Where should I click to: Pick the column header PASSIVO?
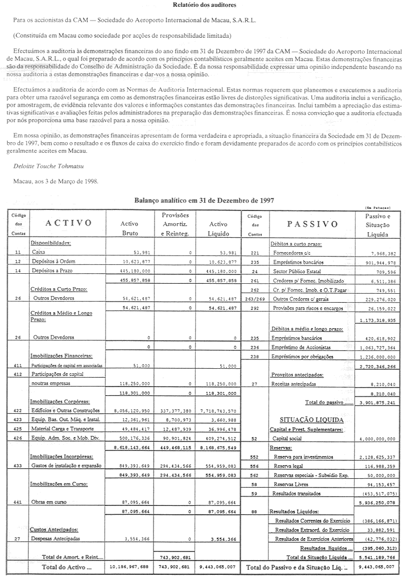pyautogui.click(x=312, y=224)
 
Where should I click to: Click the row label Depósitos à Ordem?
pyautogui.click(x=54, y=261)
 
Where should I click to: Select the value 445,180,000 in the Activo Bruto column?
pyautogui.click(x=136, y=271)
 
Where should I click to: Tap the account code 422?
pyautogui.click(x=18, y=409)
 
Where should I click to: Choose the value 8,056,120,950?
pyautogui.click(x=136, y=409)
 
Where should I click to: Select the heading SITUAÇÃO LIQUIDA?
pyautogui.click(x=313, y=420)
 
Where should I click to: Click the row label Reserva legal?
pyautogui.click(x=290, y=467)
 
